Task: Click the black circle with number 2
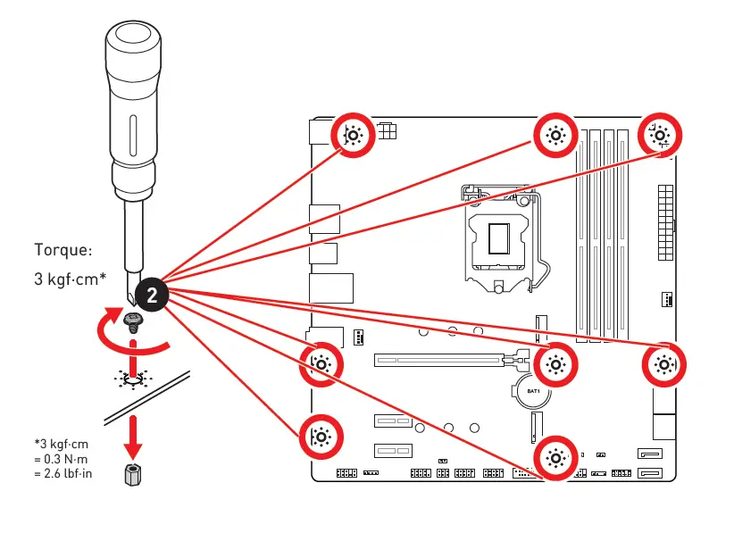(152, 295)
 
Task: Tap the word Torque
(63, 250)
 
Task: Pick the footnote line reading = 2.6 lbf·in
(63, 473)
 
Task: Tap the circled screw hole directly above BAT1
(555, 362)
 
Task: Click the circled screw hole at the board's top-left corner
(353, 136)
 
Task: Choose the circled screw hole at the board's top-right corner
(661, 136)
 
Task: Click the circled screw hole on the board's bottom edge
(555, 459)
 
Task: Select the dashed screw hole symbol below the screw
(133, 379)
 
